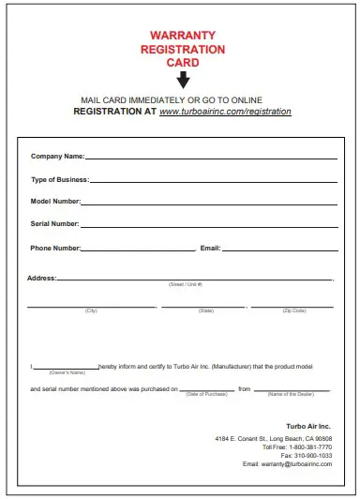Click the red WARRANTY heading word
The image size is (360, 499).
coord(182,35)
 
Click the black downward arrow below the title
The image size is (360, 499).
coord(183,81)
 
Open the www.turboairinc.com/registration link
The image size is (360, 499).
coord(225,112)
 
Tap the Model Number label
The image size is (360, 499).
coord(55,202)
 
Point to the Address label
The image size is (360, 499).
coord(42,279)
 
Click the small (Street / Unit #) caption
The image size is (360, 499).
coord(185,284)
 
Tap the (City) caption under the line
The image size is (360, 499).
coord(91,310)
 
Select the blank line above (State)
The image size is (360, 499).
coord(203,306)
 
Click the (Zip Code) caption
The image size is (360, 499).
coord(293,310)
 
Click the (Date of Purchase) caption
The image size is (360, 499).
coord(206,394)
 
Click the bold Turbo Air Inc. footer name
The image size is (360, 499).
coord(308,425)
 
